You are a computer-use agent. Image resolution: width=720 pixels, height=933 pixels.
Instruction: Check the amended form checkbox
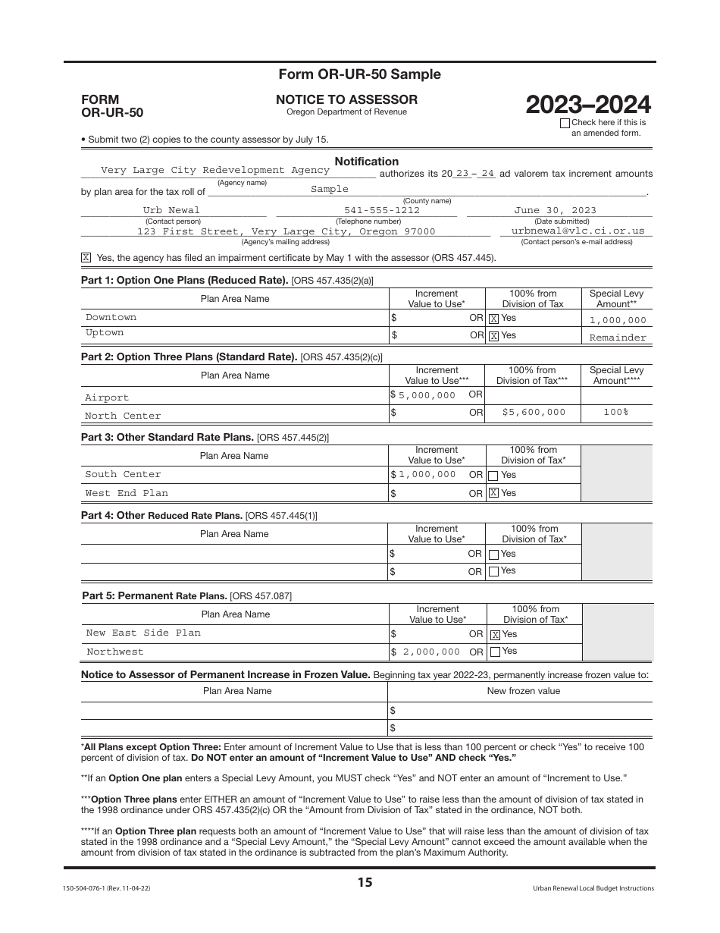[565, 123]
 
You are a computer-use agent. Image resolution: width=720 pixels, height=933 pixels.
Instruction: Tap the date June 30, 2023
[555, 210]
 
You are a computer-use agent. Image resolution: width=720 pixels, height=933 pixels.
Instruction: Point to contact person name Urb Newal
[172, 210]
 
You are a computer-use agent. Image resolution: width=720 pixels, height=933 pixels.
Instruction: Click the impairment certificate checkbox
[86, 258]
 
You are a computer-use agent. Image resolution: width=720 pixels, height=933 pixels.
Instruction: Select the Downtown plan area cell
[111, 317]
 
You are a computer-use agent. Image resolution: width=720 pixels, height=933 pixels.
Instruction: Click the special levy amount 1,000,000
[618, 321]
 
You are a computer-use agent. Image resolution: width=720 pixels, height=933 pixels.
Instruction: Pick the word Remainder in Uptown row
[618, 338]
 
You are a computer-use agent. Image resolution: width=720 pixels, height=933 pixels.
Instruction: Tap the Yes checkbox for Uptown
[493, 336]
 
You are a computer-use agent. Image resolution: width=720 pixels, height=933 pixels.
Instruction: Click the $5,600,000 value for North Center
[534, 412]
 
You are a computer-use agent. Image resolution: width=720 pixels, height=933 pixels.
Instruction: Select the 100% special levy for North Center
[615, 412]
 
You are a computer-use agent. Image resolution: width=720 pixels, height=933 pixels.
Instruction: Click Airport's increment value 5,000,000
[427, 395]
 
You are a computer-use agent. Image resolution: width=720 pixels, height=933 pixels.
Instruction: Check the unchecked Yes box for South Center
[493, 476]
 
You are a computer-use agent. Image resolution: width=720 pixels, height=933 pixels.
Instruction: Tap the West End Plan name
[127, 493]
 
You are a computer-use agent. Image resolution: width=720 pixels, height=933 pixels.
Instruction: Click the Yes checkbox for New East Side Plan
[495, 635]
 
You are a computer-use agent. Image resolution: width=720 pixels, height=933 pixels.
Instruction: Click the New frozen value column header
[523, 691]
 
